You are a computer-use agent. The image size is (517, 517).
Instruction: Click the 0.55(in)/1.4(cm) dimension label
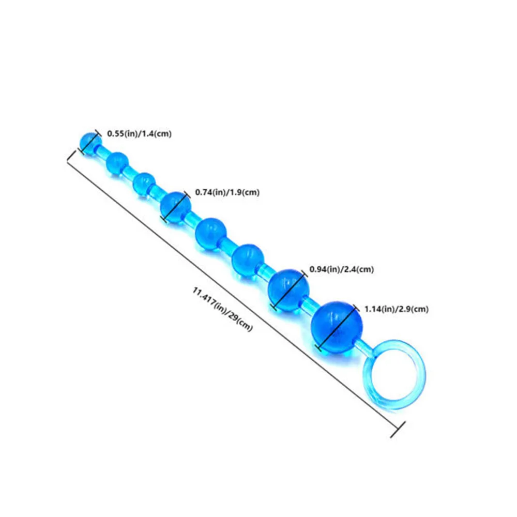click(x=139, y=133)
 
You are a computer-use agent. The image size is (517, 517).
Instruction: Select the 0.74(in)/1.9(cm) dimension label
click(x=227, y=192)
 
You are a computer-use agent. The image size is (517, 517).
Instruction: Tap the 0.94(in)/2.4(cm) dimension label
click(x=341, y=269)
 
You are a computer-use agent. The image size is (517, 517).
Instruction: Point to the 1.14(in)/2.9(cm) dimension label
click(x=397, y=309)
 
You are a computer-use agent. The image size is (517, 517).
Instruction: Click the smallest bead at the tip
click(x=90, y=141)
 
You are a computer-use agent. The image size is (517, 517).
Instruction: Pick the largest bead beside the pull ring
click(x=337, y=326)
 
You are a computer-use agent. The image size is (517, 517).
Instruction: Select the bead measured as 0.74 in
click(x=175, y=207)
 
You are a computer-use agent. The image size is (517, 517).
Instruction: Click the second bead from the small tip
click(x=117, y=162)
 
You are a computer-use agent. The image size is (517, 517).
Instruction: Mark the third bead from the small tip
click(x=144, y=184)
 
